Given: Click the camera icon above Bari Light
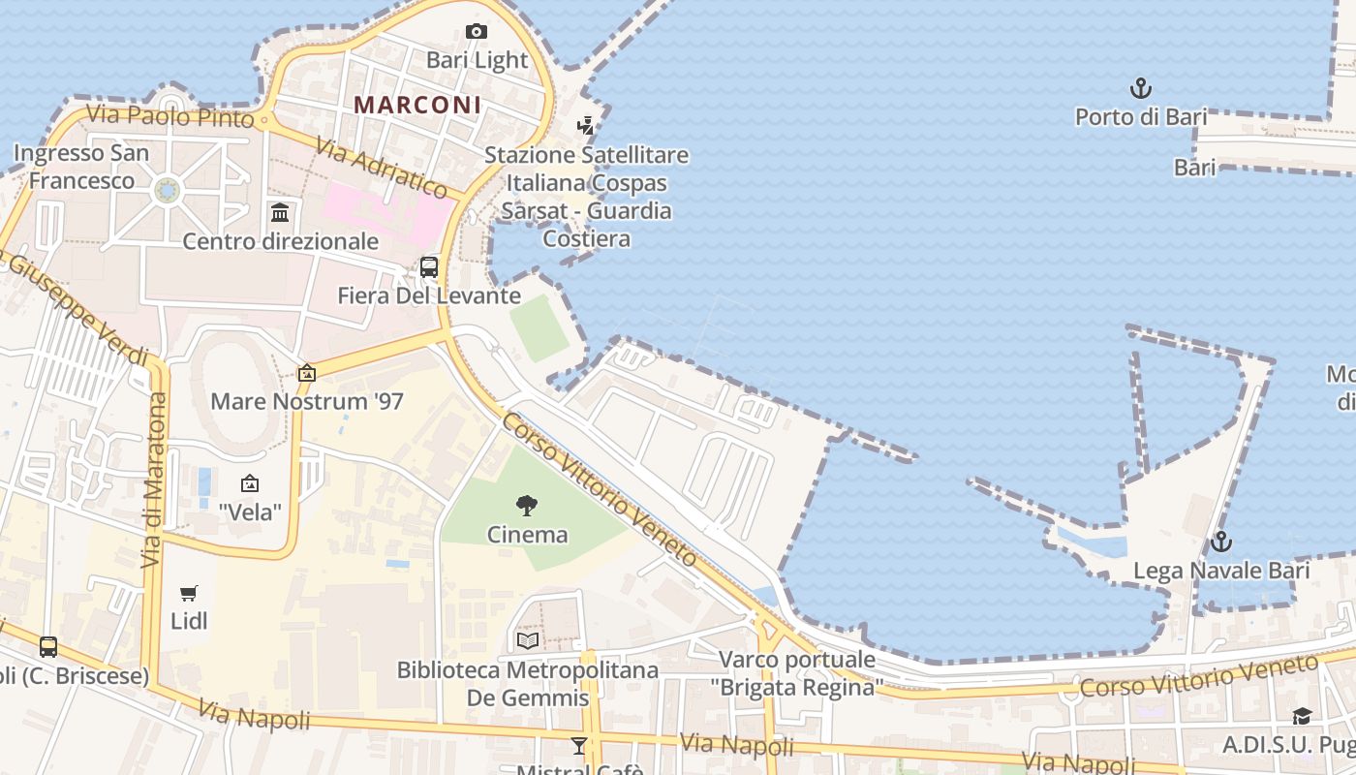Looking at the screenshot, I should [476, 32].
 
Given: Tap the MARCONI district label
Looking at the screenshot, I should [417, 105].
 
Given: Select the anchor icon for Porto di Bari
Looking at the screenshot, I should [1141, 89].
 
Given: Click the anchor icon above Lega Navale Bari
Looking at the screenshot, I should [1221, 542].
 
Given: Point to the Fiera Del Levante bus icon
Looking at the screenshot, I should [429, 267].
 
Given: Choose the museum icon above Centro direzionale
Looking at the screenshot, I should [280, 212].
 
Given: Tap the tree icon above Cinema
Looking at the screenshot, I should [527, 505].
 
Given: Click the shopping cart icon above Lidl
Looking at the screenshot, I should [189, 593].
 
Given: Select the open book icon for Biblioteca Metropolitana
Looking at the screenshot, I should [528, 640].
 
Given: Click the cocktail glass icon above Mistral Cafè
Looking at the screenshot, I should [579, 745].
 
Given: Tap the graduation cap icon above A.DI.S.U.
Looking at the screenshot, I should [1302, 716].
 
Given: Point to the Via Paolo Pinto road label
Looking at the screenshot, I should [169, 116].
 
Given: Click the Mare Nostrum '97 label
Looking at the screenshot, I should [306, 401].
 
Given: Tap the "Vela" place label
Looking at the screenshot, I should [250, 511].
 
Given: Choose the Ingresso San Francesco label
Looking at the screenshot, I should [81, 167].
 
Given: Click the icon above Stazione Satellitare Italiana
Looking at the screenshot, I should [585, 125].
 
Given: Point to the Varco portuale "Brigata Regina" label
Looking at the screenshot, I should [797, 673].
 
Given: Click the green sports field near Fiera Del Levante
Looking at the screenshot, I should [540, 328].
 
